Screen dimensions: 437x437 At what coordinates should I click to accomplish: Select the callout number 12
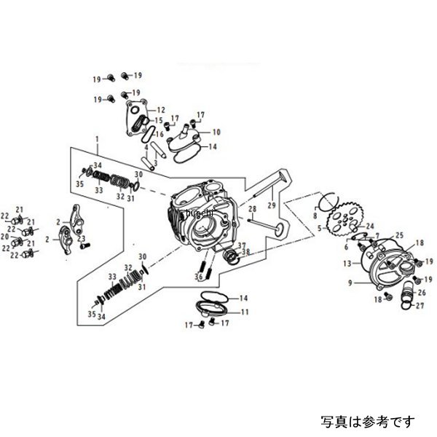161,109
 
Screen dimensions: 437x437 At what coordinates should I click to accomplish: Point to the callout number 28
250,209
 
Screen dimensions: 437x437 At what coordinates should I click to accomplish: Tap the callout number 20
5,236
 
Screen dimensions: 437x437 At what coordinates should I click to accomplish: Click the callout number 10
216,132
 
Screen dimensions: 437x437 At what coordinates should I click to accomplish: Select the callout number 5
318,228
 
